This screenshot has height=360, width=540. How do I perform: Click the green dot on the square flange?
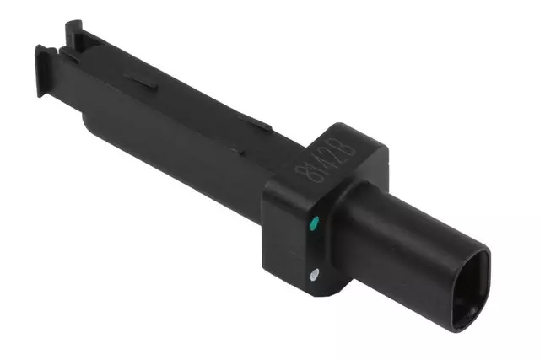[313, 223]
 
